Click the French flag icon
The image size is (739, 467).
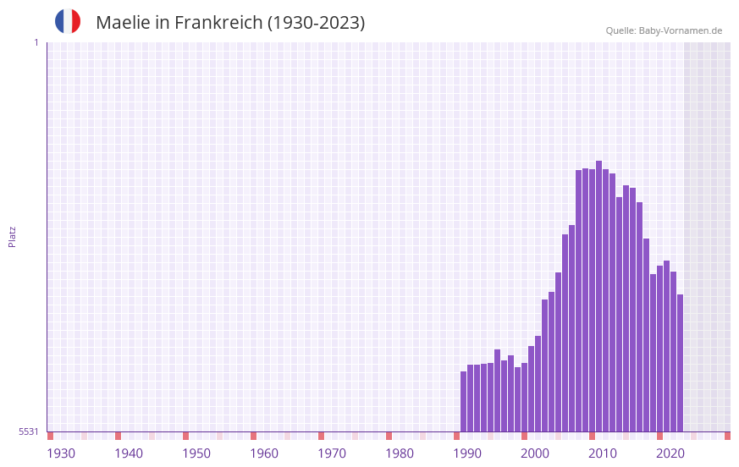click(68, 21)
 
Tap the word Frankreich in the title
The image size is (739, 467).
click(218, 23)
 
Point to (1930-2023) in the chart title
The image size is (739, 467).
click(316, 23)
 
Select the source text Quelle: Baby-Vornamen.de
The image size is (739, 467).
click(664, 30)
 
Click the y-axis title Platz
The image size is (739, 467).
click(12, 236)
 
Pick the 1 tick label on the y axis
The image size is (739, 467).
click(36, 42)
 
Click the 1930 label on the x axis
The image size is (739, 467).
click(61, 453)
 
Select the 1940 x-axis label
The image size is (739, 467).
click(129, 453)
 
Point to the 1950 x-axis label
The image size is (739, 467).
click(196, 453)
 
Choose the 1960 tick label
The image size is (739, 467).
click(264, 453)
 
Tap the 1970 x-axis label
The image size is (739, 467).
click(332, 453)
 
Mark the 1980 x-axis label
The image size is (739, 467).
click(400, 453)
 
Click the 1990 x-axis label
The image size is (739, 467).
click(467, 453)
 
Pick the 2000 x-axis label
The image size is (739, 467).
click(535, 453)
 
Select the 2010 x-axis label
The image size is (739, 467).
click(603, 453)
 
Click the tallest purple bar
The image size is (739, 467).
click(598, 296)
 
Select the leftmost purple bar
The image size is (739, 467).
click(464, 402)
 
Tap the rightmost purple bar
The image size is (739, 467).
click(680, 363)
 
